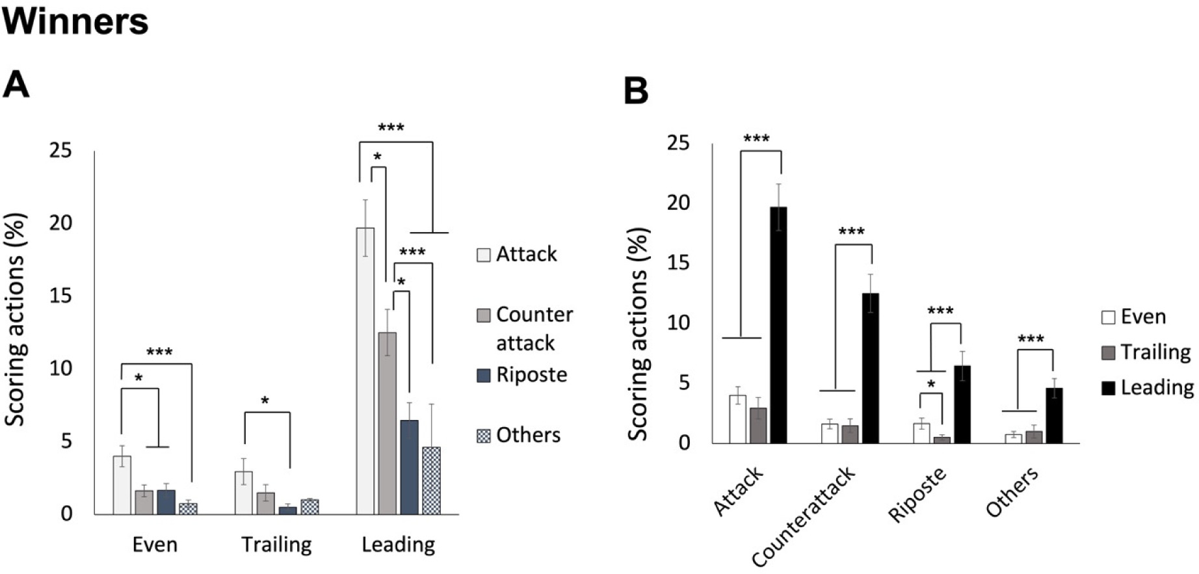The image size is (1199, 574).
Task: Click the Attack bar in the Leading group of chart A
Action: pos(365,371)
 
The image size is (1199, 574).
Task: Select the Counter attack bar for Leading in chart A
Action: pos(387,423)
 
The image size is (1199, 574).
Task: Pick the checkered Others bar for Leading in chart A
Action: pos(431,480)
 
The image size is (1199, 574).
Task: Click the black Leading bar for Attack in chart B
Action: pos(778,325)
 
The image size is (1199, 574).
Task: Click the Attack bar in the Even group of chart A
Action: pos(122,485)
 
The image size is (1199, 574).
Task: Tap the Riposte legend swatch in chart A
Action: pos(483,375)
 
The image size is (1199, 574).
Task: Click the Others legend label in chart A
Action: pos(528,435)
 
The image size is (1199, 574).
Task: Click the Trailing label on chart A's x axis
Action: pos(276,544)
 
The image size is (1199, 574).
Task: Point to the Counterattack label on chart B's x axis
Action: pos(804,517)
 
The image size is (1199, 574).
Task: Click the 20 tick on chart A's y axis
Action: pos(61,223)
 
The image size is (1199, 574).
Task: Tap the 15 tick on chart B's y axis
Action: pos(678,263)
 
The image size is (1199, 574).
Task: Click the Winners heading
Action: pos(75,21)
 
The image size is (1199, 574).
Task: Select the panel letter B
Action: pos(636,90)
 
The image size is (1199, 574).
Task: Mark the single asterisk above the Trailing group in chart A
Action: pos(265,401)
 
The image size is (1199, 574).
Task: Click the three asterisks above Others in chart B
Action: pos(1031,339)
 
